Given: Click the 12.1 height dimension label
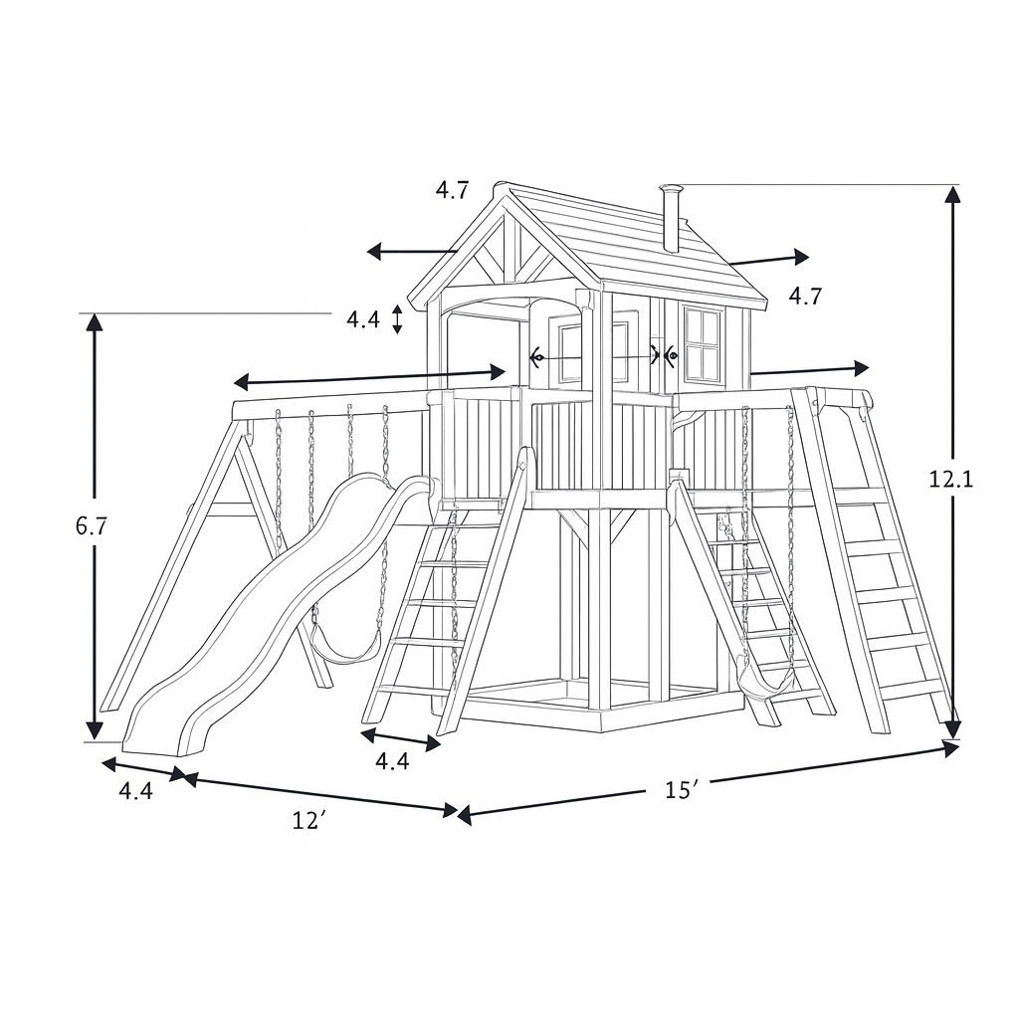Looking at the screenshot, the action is [x=950, y=480].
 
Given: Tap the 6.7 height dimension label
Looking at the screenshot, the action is [x=92, y=526].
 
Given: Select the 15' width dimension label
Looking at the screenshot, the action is [x=681, y=789].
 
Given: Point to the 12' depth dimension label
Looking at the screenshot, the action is [x=308, y=820].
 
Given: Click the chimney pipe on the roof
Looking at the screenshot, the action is [x=670, y=218].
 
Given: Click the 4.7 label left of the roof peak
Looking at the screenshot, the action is [x=452, y=190].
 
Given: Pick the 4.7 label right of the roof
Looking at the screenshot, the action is [x=805, y=297].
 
